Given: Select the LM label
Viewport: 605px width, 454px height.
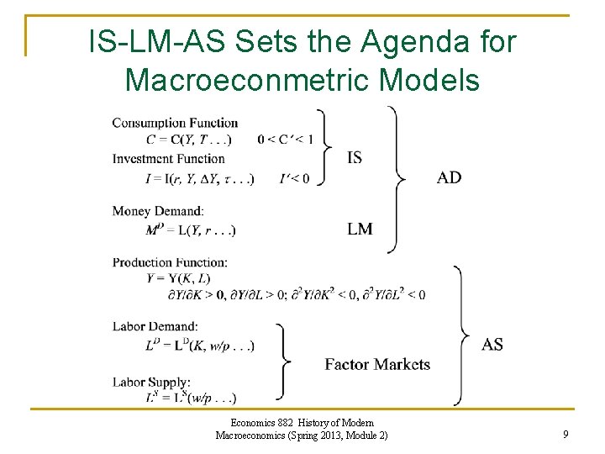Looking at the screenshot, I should coord(360,229).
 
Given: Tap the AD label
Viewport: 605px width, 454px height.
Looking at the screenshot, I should coord(449,177).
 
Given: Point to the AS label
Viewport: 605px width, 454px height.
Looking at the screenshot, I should coord(492,344).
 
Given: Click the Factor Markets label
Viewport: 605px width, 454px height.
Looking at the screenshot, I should coord(377,364).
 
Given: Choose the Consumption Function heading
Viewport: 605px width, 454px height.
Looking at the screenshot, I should coord(175,124).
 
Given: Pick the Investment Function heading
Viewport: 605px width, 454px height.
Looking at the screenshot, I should coord(168,158).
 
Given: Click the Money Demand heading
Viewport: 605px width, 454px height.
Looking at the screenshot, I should coord(158,211).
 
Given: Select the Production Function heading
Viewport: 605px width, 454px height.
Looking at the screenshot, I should coord(170,262).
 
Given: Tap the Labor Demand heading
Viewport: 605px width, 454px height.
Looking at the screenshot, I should coord(155,326).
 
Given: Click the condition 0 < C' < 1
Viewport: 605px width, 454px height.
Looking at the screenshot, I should coord(284,140).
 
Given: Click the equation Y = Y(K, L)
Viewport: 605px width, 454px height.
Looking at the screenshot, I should coord(178,277).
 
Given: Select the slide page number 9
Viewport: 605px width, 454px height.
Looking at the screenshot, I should coord(566,435).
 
